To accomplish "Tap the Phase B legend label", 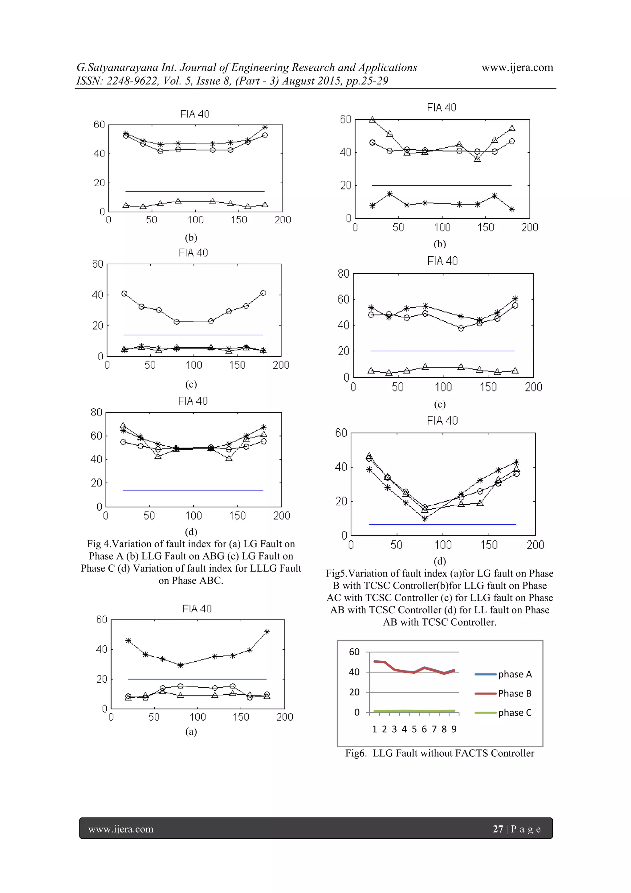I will [515, 693].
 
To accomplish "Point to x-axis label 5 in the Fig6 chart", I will [414, 729].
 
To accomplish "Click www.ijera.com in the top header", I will [517, 67].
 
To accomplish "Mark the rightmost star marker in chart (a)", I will [267, 632].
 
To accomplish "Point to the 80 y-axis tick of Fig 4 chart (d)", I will [96, 412].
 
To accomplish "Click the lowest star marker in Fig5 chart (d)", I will [425, 519].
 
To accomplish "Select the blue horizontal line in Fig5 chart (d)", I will [442, 525].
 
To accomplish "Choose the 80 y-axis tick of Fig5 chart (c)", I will [344, 274].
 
